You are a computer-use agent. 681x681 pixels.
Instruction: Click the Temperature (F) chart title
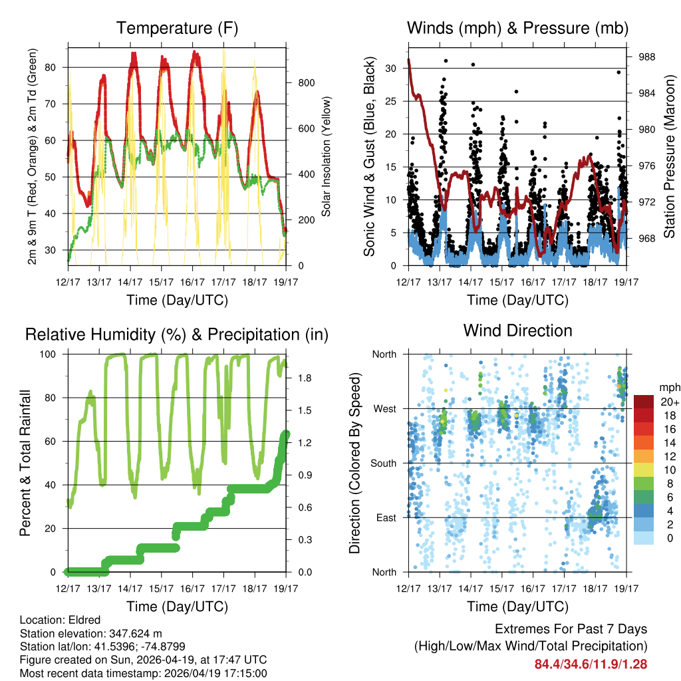click(177, 28)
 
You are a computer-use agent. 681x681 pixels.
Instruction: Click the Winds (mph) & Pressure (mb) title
click(517, 28)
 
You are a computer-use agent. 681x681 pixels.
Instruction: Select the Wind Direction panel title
click(517, 330)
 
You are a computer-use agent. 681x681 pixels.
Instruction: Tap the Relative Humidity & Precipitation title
click(177, 335)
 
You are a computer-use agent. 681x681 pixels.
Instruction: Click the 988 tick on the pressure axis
click(646, 57)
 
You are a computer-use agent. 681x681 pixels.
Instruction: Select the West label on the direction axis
click(384, 409)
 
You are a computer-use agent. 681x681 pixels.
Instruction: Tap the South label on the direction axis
click(383, 464)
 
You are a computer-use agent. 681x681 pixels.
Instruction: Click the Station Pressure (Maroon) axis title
click(670, 157)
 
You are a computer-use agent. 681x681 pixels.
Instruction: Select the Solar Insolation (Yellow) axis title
click(327, 157)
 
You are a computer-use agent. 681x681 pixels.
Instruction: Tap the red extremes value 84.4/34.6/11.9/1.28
click(591, 664)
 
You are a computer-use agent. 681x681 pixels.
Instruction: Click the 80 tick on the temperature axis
click(56, 67)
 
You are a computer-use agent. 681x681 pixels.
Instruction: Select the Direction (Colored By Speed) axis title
click(354, 463)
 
